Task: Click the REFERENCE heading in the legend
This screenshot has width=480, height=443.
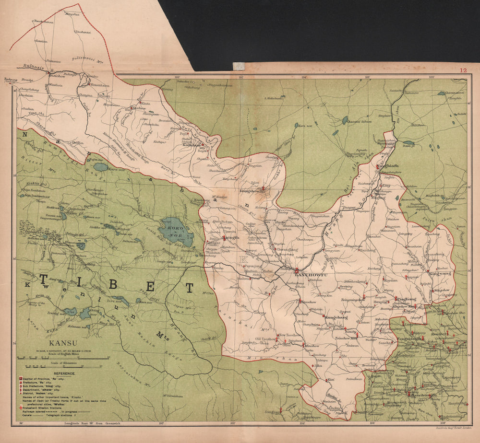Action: (64, 373)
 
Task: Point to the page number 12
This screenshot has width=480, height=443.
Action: (463, 70)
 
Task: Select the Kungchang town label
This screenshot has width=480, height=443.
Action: (336, 317)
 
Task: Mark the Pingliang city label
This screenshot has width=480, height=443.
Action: (405, 299)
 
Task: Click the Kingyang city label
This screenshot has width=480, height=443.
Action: (441, 273)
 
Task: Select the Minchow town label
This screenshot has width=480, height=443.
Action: (312, 346)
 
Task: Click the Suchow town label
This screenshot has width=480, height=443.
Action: (139, 108)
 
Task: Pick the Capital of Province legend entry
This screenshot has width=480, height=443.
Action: (43, 378)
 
